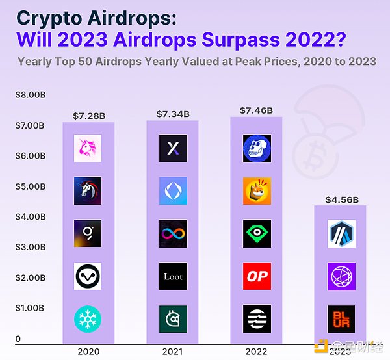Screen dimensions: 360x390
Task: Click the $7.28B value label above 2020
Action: [88, 116]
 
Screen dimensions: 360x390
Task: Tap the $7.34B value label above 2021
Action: [173, 114]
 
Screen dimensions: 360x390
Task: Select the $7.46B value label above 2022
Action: [256, 110]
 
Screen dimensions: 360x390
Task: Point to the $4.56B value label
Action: [341, 199]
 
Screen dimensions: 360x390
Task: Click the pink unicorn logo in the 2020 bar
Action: [88, 149]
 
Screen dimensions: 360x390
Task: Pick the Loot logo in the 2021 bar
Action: [173, 276]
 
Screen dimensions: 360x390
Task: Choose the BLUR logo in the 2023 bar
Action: [341, 319]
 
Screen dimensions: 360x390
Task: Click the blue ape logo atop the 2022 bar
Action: [257, 149]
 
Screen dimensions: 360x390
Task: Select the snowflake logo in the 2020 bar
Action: [88, 319]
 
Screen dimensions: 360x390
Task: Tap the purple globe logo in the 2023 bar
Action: [341, 276]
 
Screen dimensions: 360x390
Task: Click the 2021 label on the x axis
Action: [173, 351]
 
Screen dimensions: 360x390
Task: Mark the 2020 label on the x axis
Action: [88, 351]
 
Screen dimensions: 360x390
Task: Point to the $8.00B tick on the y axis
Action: [31, 95]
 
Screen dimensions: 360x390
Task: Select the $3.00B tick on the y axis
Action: [31, 248]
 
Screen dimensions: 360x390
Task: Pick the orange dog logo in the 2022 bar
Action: [257, 191]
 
